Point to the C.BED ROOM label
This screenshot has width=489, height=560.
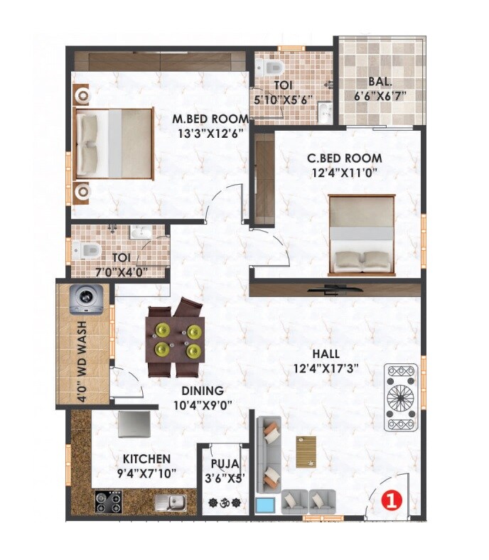[344, 158]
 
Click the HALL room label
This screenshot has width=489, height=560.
[325, 354]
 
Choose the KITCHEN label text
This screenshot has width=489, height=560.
[146, 458]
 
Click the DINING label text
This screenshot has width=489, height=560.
[203, 390]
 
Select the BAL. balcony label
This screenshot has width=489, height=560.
[382, 82]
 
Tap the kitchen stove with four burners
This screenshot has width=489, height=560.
[109, 502]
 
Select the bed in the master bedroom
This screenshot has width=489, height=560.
[114, 142]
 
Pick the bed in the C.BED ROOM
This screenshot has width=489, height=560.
[361, 235]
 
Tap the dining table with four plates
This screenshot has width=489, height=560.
[176, 340]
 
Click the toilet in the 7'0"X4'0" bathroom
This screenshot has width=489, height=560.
[85, 249]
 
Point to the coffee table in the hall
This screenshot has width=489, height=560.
[306, 451]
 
